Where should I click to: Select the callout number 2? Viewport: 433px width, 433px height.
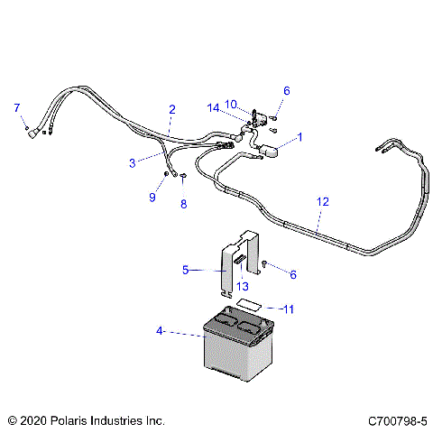[171, 109]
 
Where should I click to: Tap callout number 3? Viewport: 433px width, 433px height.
[133, 163]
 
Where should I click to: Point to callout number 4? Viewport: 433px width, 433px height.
[161, 331]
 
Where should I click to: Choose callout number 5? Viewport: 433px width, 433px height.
[186, 269]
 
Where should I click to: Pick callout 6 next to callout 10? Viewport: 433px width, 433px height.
[287, 90]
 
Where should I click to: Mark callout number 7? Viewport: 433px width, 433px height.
[15, 108]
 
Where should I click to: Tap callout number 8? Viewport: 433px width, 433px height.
[183, 204]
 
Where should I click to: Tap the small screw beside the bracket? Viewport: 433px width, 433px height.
[266, 263]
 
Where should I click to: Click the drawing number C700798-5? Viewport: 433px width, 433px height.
[397, 420]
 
